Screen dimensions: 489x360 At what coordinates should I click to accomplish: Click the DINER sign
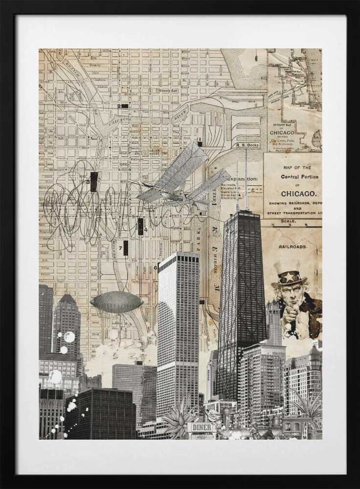point(202,427)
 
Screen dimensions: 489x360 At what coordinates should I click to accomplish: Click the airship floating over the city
point(117,302)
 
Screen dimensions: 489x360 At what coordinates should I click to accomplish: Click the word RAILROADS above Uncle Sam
point(293,247)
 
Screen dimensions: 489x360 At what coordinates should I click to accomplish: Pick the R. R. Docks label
point(247,145)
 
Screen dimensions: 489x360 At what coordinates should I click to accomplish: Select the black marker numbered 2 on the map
point(124,106)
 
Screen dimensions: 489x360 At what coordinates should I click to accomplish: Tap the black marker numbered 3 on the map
point(94,181)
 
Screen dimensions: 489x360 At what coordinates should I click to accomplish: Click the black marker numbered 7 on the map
point(126,247)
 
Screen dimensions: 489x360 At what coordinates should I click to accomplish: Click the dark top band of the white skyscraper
point(178,257)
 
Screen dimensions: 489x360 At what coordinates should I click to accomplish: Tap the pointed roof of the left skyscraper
point(67,298)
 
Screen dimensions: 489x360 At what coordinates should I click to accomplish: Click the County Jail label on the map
point(164,90)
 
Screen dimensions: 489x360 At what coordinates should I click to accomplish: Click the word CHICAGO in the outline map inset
point(282,133)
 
